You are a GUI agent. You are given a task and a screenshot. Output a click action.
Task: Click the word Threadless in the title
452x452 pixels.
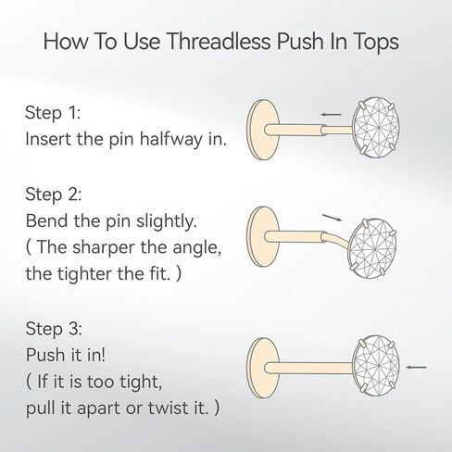[x=219, y=41]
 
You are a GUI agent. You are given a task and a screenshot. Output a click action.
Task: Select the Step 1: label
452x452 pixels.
[x=53, y=113]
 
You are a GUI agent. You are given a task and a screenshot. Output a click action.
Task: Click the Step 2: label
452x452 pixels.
[x=54, y=195]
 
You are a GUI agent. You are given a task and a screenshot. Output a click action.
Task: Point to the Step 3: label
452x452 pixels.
[x=54, y=329]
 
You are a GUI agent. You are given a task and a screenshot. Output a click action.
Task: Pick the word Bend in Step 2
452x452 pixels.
[x=46, y=221]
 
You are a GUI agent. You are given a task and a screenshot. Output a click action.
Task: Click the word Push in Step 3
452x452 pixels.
[x=45, y=355]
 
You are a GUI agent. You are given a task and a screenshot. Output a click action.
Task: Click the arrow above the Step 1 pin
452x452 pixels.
[x=331, y=115]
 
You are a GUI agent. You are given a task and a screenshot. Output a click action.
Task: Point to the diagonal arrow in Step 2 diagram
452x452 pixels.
[x=332, y=218]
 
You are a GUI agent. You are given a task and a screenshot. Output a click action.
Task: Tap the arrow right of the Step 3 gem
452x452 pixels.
[x=417, y=367]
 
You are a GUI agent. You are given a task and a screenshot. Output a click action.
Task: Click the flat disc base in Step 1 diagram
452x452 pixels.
[x=263, y=130]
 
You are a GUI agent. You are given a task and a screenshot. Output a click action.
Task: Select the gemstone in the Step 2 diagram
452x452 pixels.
[x=372, y=248]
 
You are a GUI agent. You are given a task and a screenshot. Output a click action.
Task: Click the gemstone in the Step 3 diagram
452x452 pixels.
[x=376, y=366]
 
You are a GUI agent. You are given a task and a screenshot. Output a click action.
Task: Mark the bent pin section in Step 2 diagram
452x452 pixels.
[x=337, y=239]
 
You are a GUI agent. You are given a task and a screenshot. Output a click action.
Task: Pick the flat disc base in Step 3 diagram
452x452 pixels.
[x=263, y=368]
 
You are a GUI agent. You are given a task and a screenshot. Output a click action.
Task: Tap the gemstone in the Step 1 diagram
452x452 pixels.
[x=376, y=127]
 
